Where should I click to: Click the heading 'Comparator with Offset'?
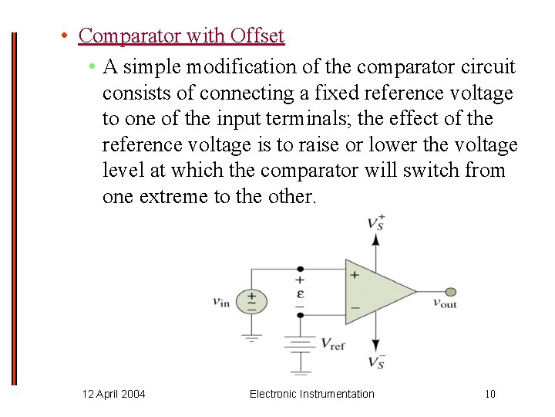pyautogui.click(x=181, y=36)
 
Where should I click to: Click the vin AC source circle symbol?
pyautogui.click(x=251, y=301)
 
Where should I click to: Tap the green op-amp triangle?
pyautogui.click(x=377, y=292)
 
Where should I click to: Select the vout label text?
pyautogui.click(x=444, y=303)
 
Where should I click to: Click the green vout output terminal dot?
pyautogui.click(x=451, y=292)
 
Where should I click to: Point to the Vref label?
pyautogui.click(x=332, y=344)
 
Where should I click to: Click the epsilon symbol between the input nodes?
pyautogui.click(x=300, y=293)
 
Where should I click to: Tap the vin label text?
pyautogui.click(x=221, y=302)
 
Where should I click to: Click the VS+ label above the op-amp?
pyautogui.click(x=376, y=222)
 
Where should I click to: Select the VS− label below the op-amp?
pyautogui.click(x=376, y=362)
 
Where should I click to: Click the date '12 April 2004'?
pyautogui.click(x=113, y=395)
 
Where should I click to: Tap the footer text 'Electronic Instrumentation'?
pyautogui.click(x=311, y=395)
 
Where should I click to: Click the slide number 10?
pyautogui.click(x=490, y=395)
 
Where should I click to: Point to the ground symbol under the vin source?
pyautogui.click(x=251, y=336)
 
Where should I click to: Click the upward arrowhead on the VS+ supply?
pyautogui.click(x=376, y=239)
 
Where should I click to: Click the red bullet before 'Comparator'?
pyautogui.click(x=67, y=36)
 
